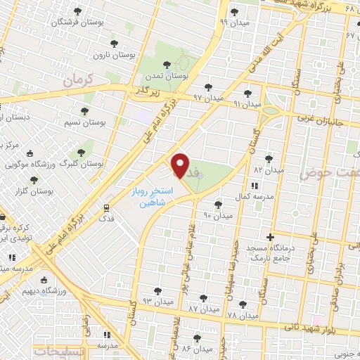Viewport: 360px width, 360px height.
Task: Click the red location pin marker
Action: pyautogui.click(x=181, y=166)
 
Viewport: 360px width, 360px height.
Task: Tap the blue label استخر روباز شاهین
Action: pyautogui.click(x=150, y=195)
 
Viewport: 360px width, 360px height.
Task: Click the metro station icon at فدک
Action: pyautogui.click(x=106, y=208)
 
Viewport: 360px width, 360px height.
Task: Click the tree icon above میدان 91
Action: pyautogui.click(x=247, y=93)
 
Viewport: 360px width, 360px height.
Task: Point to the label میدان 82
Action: pyautogui.click(x=268, y=170)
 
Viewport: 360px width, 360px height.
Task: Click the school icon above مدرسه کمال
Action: pyautogui.click(x=254, y=186)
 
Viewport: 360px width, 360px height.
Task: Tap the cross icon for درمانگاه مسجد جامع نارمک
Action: pyautogui.click(x=270, y=237)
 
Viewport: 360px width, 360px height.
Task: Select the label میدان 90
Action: pyautogui.click(x=217, y=214)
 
